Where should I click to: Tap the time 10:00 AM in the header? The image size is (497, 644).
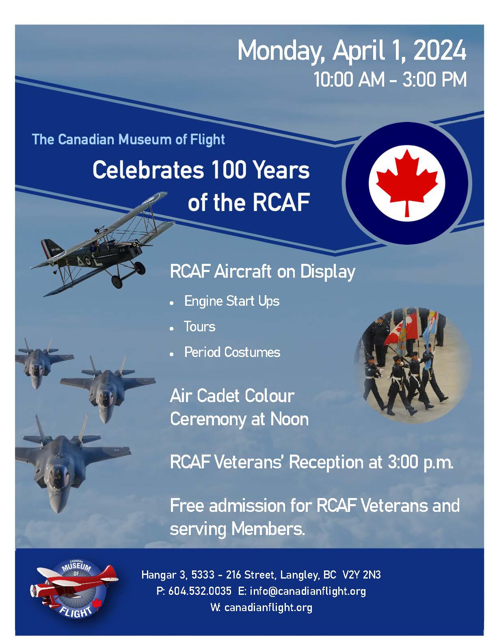[x=349, y=80]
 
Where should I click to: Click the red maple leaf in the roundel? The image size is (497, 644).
[x=406, y=181]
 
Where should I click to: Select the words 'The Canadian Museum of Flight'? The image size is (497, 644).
[x=128, y=139]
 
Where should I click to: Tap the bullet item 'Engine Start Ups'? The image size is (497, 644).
[x=231, y=301]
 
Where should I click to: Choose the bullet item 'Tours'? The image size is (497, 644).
[x=199, y=327]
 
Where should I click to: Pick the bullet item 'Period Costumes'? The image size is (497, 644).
[x=232, y=352]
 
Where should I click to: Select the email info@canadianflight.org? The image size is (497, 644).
[x=307, y=591]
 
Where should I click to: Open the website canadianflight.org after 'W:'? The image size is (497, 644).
[x=268, y=607]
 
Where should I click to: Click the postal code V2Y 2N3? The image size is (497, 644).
[x=361, y=575]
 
